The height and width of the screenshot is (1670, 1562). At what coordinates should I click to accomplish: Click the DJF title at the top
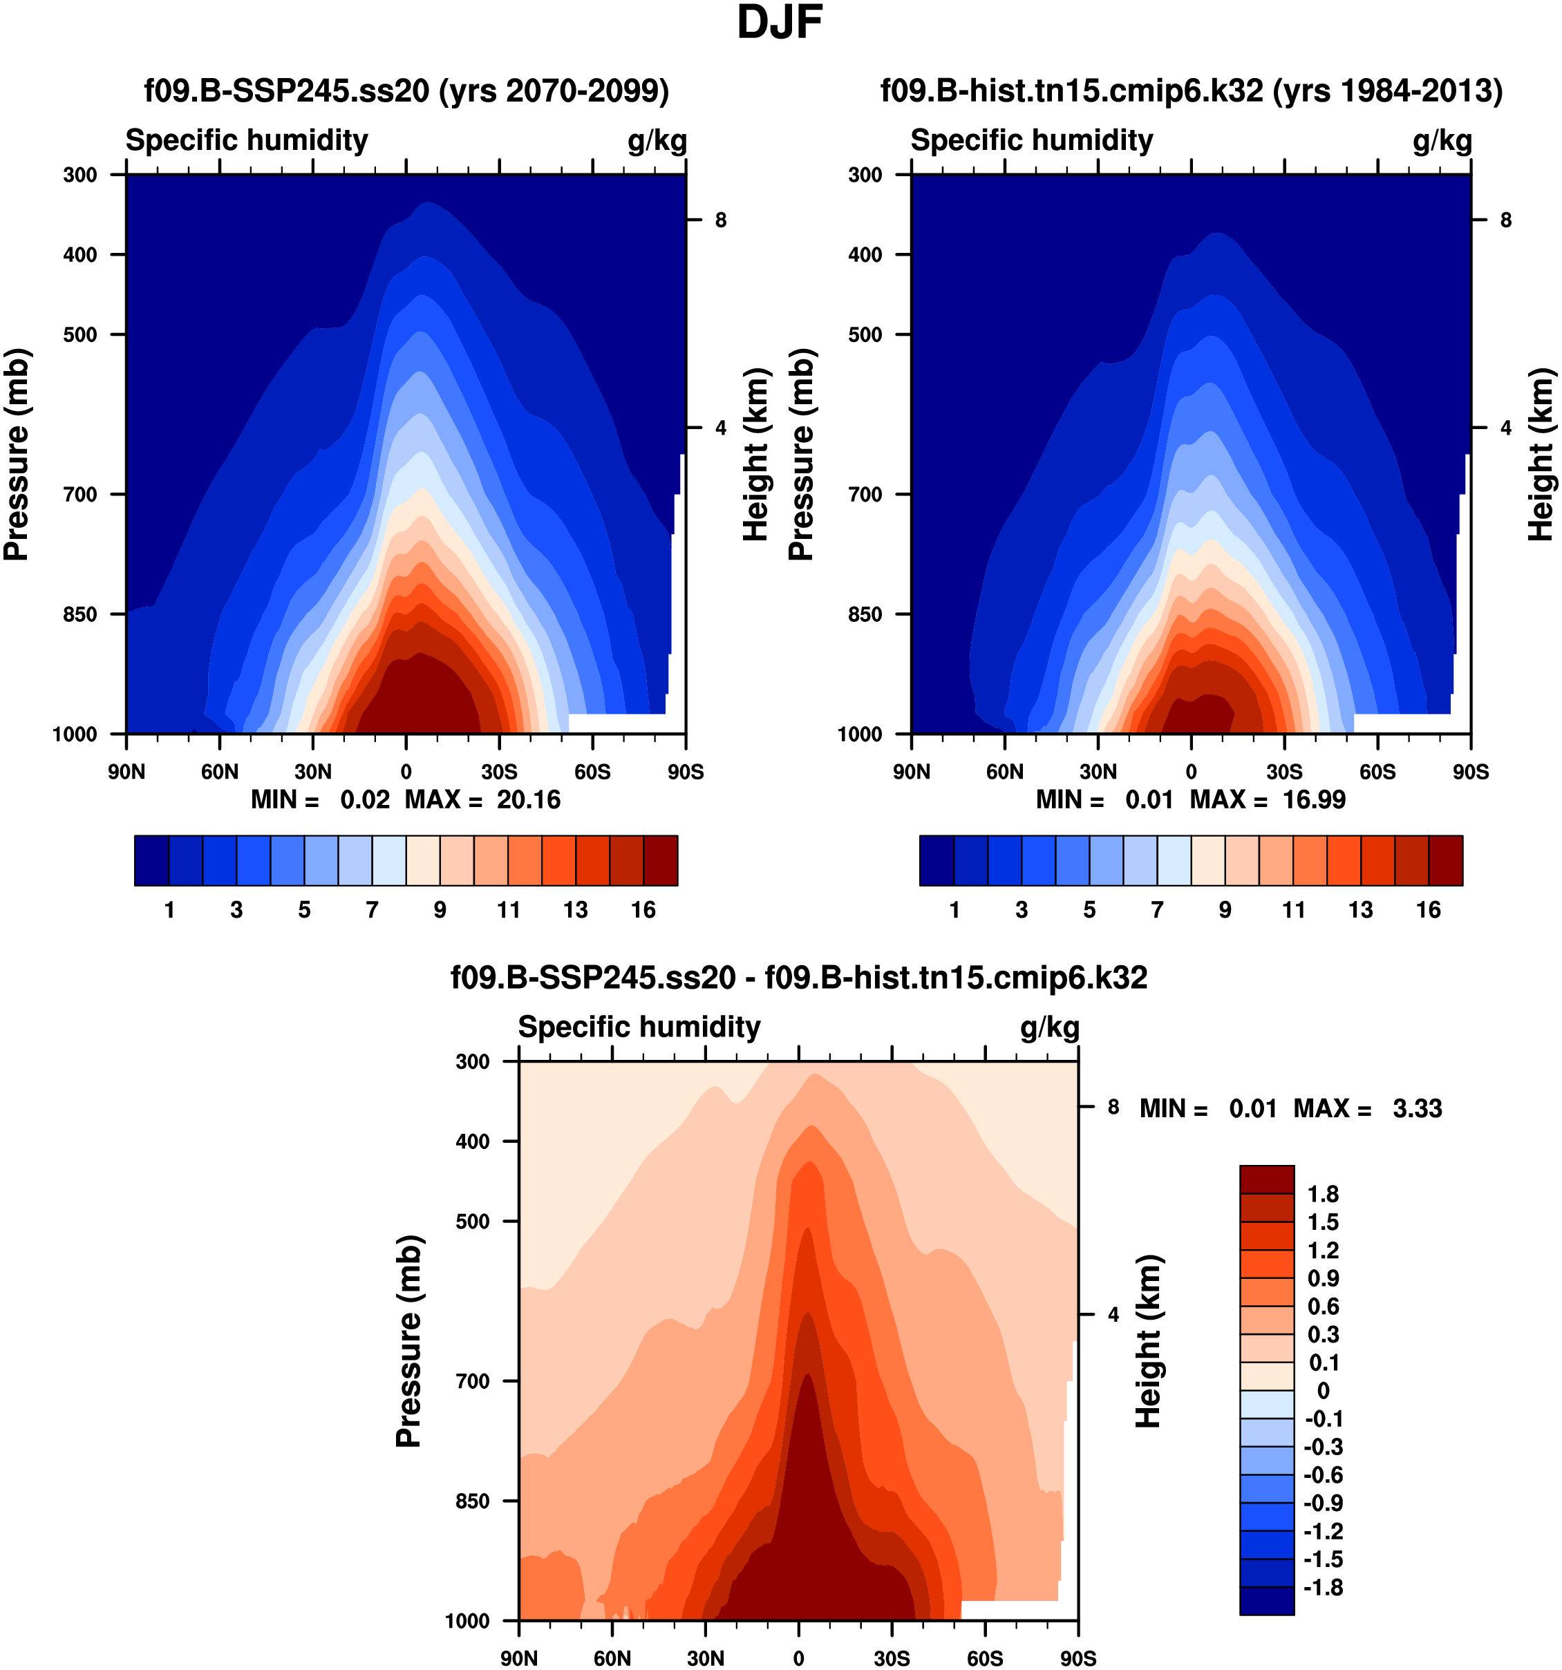[x=779, y=23]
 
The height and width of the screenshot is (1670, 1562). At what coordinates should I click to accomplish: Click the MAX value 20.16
[x=527, y=799]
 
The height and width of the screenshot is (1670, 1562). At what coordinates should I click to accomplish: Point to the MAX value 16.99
[x=1313, y=799]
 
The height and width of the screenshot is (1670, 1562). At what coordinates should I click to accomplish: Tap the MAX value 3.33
[x=1417, y=1109]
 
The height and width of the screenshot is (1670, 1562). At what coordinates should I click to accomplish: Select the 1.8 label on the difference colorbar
[x=1323, y=1195]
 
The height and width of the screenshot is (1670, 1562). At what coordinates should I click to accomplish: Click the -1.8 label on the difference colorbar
[x=1323, y=1587]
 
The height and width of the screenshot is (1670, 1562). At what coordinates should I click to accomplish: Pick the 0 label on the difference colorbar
[x=1323, y=1390]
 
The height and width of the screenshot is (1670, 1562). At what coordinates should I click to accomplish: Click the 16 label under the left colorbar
[x=643, y=910]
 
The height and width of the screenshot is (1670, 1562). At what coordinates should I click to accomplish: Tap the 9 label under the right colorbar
[x=1225, y=910]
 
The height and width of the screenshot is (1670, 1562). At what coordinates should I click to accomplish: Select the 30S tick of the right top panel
[x=1284, y=772]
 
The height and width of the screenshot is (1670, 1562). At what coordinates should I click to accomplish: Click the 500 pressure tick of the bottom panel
[x=472, y=1222]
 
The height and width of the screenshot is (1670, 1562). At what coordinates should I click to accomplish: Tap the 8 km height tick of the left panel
[x=720, y=220]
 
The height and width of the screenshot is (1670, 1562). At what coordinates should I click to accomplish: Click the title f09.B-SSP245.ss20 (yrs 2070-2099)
[x=406, y=91]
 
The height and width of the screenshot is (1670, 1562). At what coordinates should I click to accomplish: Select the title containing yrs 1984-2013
[x=1192, y=91]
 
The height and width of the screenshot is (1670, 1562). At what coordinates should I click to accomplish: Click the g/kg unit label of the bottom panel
[x=1049, y=1027]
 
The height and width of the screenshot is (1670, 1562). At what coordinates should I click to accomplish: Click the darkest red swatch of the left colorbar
[x=661, y=860]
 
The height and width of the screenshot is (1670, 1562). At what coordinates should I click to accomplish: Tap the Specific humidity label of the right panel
[x=1032, y=140]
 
